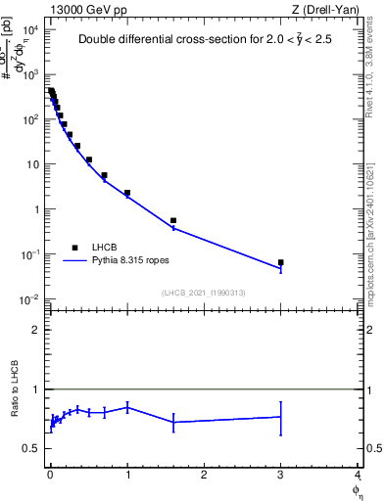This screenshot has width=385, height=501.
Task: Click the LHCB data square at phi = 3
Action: [x=281, y=262]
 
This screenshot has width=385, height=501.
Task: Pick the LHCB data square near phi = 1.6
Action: [x=173, y=220]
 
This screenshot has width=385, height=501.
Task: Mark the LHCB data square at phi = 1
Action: [x=127, y=193]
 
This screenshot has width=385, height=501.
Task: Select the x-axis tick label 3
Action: [x=281, y=475]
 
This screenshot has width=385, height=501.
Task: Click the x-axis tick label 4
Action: [x=358, y=475]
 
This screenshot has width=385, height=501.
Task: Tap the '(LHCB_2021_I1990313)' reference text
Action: [x=204, y=293]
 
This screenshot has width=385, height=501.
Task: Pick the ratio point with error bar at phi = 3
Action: [x=281, y=417]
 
